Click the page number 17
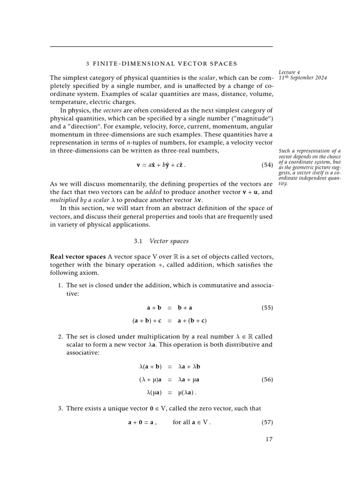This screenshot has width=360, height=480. (268, 440)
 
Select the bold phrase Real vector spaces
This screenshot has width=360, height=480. (78, 257)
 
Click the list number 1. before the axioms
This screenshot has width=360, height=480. (60, 285)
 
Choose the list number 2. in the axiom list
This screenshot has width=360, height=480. (60, 337)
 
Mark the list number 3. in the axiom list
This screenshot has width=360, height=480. (60, 408)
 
